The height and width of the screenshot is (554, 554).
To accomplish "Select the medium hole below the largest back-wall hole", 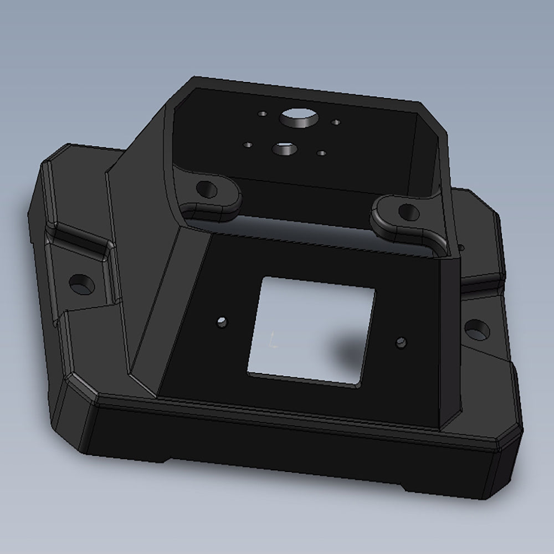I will click(x=283, y=148).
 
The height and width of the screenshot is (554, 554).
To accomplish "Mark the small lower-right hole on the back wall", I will click(x=321, y=152).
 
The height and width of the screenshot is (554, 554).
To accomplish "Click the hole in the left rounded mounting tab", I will click(x=206, y=189).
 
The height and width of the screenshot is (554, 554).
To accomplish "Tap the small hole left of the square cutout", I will click(x=222, y=321).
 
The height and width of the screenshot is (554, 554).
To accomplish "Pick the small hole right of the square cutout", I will click(x=401, y=342).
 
